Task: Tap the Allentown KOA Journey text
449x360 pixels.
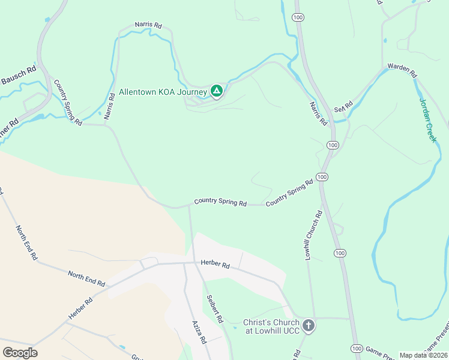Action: [x=163, y=92]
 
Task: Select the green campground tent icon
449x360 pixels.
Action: [x=217, y=91]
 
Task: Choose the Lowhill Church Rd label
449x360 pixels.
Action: [x=313, y=235]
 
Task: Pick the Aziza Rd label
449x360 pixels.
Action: [x=199, y=331]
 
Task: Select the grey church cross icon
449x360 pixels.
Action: [x=309, y=326]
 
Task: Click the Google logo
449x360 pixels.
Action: [x=20, y=352]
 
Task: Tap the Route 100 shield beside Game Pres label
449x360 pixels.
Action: [x=357, y=349]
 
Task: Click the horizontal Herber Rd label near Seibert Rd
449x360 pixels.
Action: [x=215, y=265]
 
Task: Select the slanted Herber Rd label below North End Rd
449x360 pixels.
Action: [x=80, y=309]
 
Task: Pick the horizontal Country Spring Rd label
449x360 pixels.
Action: [x=220, y=203]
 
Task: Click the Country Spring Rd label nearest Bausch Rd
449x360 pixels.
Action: [x=68, y=102]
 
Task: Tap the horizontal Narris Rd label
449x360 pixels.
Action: [x=148, y=26]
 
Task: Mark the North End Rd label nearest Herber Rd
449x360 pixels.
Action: [x=86, y=279]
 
